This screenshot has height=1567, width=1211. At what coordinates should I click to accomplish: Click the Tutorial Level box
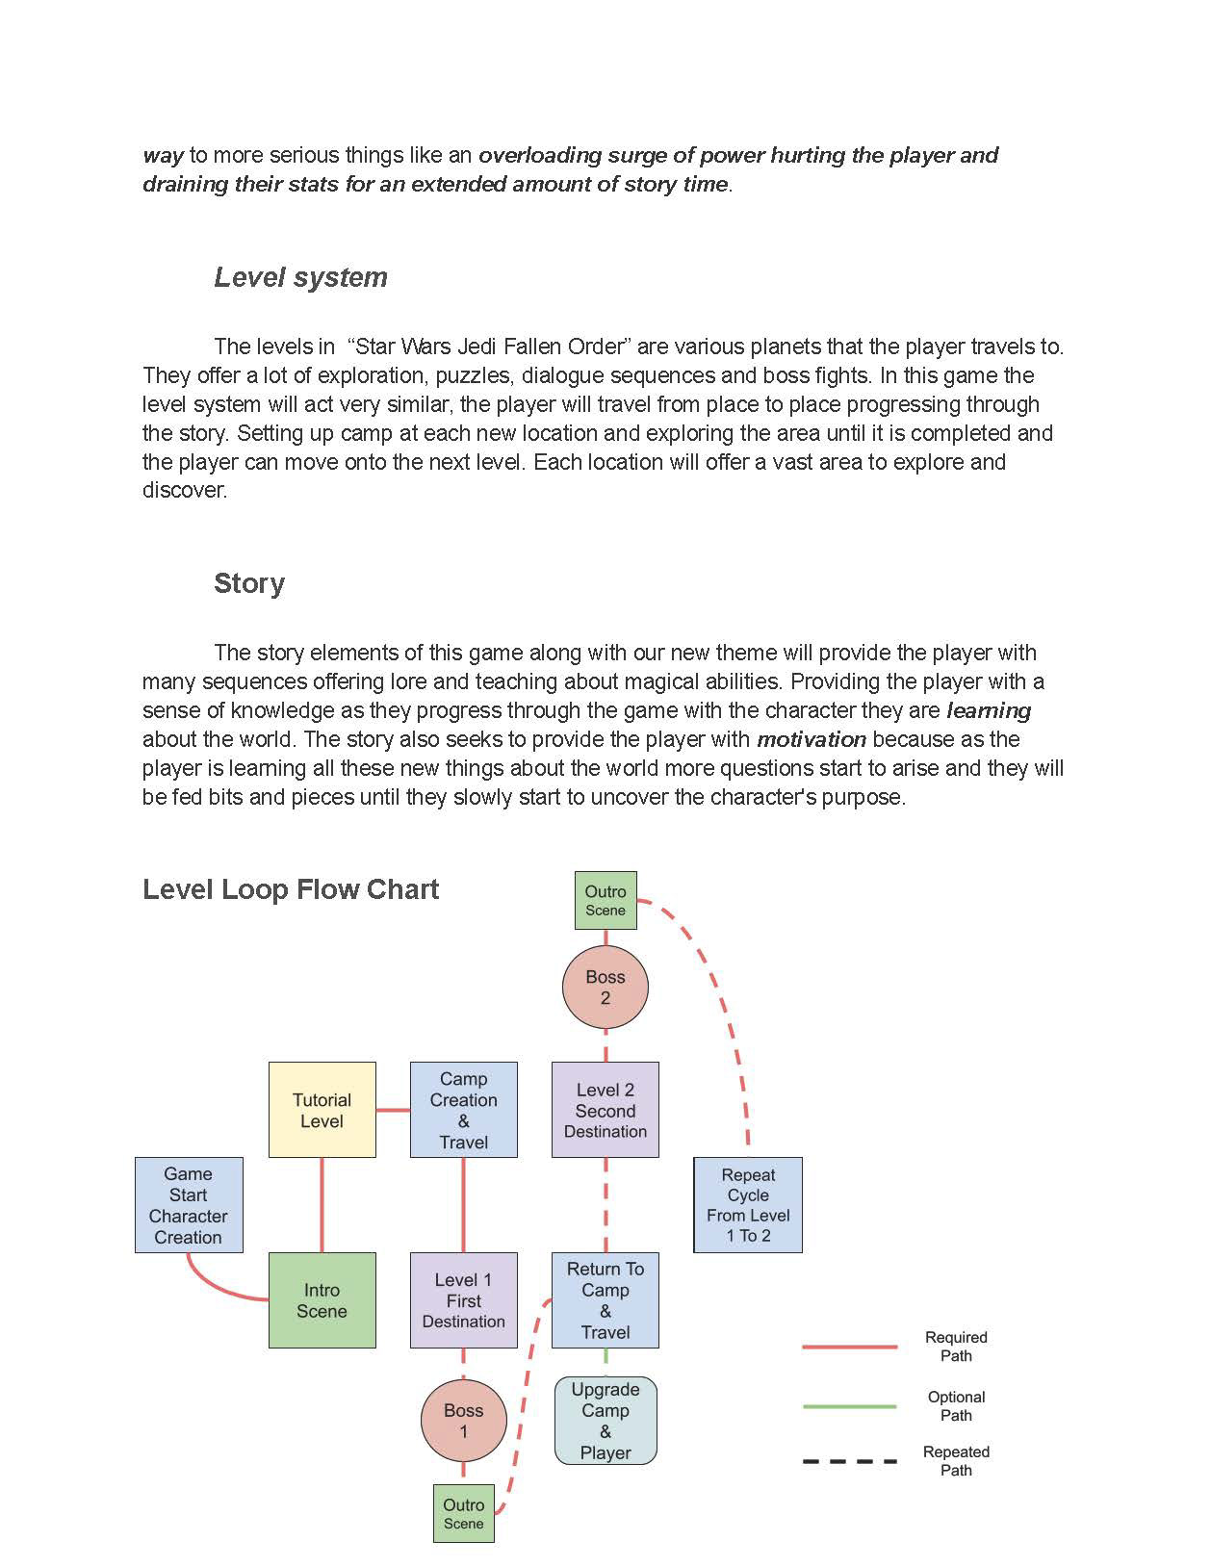(x=322, y=1110)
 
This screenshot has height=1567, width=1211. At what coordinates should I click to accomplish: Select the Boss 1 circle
(x=463, y=1421)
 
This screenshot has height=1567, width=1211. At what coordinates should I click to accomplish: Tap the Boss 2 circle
(x=605, y=987)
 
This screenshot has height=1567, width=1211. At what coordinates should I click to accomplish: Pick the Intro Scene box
(x=322, y=1300)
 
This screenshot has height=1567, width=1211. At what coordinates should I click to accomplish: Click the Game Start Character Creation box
(x=189, y=1205)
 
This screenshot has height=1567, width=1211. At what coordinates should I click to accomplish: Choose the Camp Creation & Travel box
(x=463, y=1110)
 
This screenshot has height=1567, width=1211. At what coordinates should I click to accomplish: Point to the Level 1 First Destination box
(x=463, y=1300)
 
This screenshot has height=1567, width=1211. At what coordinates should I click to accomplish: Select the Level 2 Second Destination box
(x=605, y=1110)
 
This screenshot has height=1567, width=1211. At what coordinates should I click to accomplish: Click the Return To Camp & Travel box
(x=605, y=1300)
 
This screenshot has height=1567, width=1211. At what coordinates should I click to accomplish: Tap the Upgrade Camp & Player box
(x=605, y=1421)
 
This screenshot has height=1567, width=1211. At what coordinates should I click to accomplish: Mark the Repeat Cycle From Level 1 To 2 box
(x=748, y=1205)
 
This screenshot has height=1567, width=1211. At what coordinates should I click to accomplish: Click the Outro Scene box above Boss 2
(x=605, y=900)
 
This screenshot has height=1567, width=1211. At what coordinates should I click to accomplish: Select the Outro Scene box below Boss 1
(x=463, y=1514)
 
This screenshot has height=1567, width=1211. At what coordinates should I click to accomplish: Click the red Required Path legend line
(x=850, y=1347)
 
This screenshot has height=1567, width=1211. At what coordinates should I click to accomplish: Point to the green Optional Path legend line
(x=850, y=1406)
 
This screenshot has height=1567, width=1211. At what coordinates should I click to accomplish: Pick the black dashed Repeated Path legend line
(x=850, y=1461)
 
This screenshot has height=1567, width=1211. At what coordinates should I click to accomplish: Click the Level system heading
(x=300, y=277)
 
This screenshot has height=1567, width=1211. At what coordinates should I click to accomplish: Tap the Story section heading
(x=249, y=583)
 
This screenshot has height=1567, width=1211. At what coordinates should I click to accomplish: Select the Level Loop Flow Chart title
(x=291, y=889)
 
